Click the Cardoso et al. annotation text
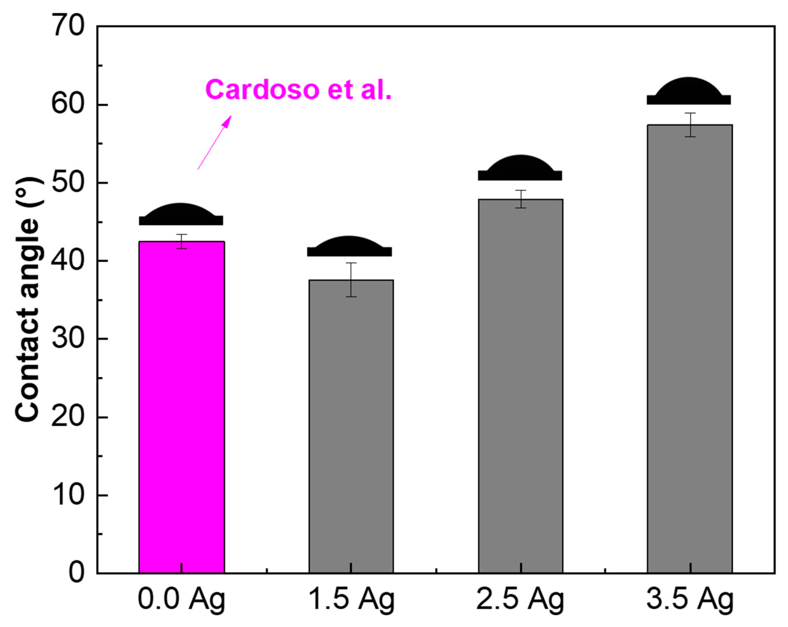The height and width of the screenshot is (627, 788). (298, 89)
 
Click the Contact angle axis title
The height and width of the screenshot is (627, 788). (27, 299)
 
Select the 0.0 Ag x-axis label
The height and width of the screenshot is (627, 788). (182, 600)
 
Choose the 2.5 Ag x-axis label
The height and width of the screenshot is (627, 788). (520, 600)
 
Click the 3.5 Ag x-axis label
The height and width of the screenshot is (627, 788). (690, 600)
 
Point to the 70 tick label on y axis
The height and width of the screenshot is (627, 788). (69, 26)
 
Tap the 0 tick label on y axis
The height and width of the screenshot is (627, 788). (77, 573)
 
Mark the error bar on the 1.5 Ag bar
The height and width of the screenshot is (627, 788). (351, 280)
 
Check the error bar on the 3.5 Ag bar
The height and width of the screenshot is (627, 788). (690, 125)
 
